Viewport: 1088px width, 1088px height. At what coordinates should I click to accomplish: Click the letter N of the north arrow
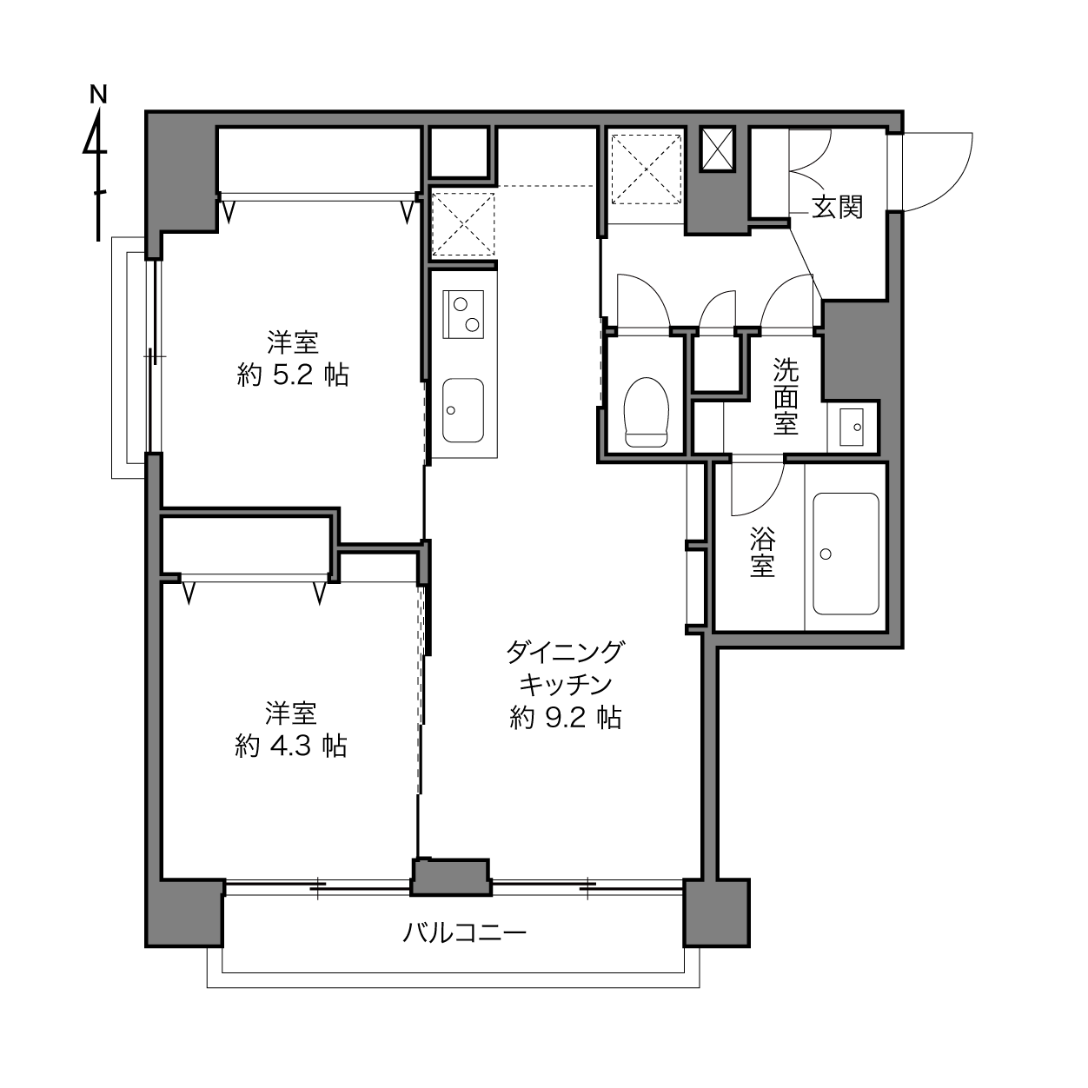click(99, 95)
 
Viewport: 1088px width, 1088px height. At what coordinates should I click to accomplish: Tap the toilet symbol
click(647, 412)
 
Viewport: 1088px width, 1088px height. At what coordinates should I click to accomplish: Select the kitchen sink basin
click(463, 410)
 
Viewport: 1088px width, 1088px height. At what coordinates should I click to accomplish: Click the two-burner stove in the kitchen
click(463, 315)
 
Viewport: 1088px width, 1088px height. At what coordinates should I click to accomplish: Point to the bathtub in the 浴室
click(846, 554)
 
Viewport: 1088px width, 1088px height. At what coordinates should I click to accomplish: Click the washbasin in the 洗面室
click(852, 427)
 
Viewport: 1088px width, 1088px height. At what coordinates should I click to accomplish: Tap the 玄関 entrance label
click(838, 208)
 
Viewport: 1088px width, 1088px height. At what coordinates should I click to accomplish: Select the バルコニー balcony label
click(464, 932)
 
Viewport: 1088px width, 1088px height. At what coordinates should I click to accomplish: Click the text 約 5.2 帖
click(293, 375)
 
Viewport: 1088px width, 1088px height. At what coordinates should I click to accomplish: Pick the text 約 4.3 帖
click(291, 746)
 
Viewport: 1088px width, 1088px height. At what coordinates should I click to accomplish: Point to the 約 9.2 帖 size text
click(566, 717)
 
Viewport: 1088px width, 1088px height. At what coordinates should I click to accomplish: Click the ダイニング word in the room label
click(565, 653)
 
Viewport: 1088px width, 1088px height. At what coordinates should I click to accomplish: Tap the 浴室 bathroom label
click(762, 552)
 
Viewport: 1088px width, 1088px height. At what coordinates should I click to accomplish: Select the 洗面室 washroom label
click(786, 396)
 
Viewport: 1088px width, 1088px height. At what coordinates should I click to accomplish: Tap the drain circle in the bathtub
click(826, 554)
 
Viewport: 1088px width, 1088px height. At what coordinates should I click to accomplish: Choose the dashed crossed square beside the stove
click(463, 224)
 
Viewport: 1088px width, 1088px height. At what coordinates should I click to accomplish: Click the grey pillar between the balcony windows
click(450, 877)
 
